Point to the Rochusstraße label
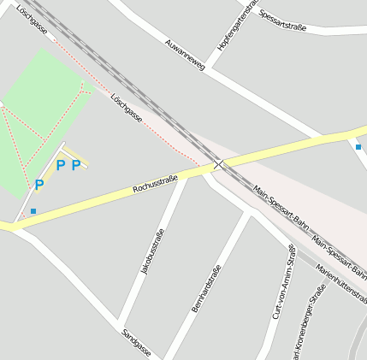click(155, 183)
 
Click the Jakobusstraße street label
click(151, 251)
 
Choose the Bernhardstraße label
click(207, 287)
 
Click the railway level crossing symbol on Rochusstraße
click(219, 164)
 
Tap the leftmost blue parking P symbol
click(39, 184)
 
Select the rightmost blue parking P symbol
click(76, 165)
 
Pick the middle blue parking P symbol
click(60, 165)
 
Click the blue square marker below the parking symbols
click(33, 210)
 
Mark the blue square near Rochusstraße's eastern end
click(358, 146)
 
